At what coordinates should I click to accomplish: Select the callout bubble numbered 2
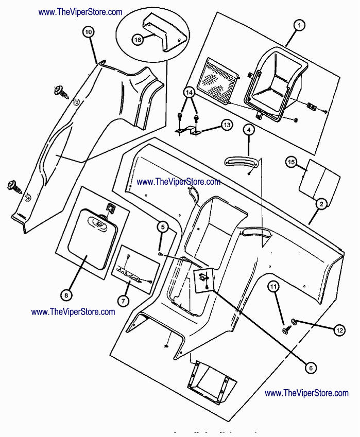[x=321, y=204]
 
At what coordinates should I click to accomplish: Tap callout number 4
[x=249, y=130]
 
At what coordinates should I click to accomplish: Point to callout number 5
[x=162, y=226]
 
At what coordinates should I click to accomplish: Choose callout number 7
[x=124, y=300]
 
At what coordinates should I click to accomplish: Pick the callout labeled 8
[x=66, y=295]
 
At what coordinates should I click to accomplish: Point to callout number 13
[x=227, y=124]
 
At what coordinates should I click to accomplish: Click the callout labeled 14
[x=189, y=93]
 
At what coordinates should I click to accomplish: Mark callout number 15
[x=292, y=163]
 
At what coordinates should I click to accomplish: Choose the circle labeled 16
[x=138, y=39]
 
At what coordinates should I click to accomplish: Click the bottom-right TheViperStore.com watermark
[x=306, y=393]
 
